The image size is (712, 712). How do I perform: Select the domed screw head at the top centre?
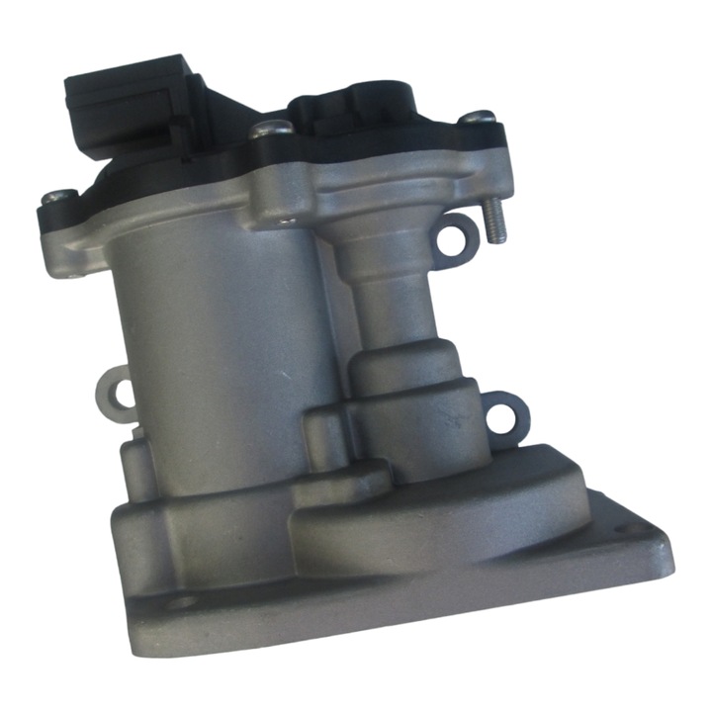coord(271,129)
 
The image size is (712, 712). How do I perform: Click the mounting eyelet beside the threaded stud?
coord(452,241)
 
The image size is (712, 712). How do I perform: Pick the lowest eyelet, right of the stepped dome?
coord(503,415)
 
